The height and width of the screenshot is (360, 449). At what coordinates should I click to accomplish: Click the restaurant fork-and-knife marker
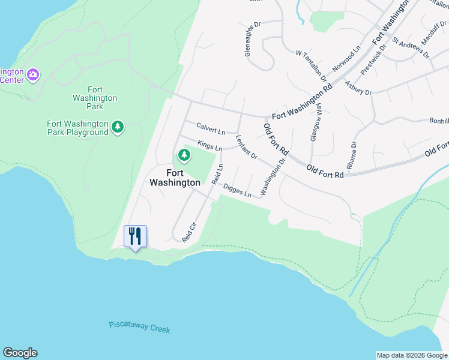click(135, 236)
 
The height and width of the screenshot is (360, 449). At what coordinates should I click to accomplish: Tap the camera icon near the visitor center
click(34, 74)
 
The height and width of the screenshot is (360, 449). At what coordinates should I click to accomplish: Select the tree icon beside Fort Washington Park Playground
click(118, 126)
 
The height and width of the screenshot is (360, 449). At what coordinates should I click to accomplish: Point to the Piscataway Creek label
click(140, 327)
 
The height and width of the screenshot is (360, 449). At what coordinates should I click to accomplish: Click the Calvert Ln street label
click(211, 128)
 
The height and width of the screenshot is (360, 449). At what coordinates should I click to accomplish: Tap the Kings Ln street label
click(209, 145)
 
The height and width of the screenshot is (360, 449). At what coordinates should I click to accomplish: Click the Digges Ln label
click(237, 190)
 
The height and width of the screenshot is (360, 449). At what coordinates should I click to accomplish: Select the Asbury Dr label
click(358, 89)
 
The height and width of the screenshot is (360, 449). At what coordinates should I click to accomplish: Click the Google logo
click(20, 353)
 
